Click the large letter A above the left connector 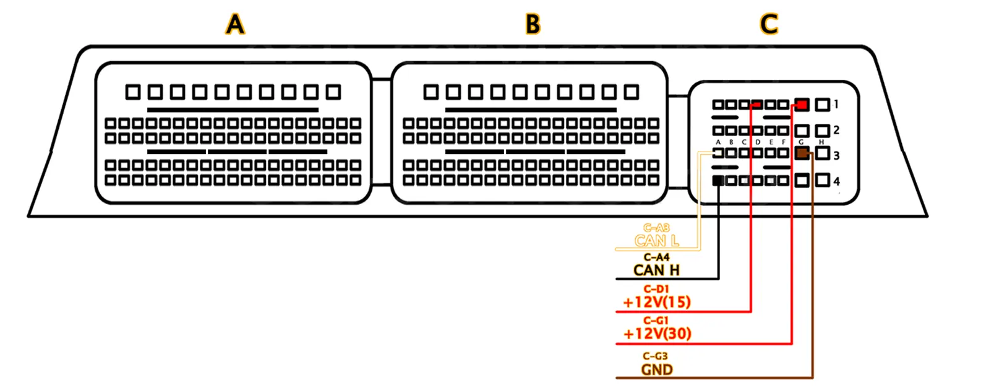[235, 25]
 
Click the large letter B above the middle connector [533, 25]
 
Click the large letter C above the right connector [768, 25]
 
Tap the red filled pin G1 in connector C [802, 105]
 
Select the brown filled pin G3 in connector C [802, 154]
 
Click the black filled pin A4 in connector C [718, 181]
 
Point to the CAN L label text [656, 241]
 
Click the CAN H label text [656, 270]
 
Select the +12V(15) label [656, 303]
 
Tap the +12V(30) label [657, 334]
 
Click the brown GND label [656, 370]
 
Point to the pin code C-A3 [656, 228]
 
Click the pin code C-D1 [656, 289]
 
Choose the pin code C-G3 [656, 356]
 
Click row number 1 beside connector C [836, 104]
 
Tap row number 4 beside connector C [836, 181]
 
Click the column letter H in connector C [821, 142]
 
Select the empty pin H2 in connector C [822, 131]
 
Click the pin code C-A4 [656, 257]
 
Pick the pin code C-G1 [656, 321]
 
